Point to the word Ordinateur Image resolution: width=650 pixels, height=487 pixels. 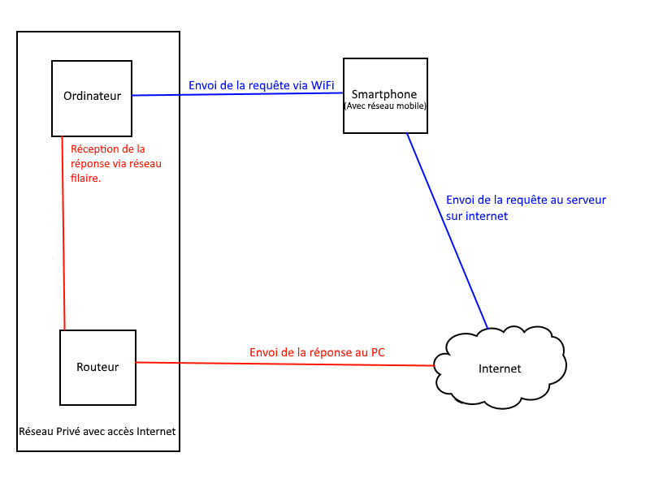pyautogui.click(x=92, y=96)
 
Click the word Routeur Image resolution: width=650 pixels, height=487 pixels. pyautogui.click(x=97, y=367)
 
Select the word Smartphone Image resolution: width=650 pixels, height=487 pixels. pyautogui.click(x=385, y=94)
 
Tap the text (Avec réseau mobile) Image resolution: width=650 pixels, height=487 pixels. pyautogui.click(x=385, y=106)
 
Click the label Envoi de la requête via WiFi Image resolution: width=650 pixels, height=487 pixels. pyautogui.click(x=261, y=85)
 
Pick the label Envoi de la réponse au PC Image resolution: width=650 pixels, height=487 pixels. pyautogui.click(x=317, y=352)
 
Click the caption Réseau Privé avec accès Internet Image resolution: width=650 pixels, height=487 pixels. pyautogui.click(x=97, y=431)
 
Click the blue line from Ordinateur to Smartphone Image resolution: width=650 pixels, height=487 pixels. pyautogui.click(x=236, y=94)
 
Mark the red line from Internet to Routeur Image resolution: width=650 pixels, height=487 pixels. pyautogui.click(x=284, y=364)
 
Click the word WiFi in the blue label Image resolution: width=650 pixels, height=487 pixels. pyautogui.click(x=322, y=85)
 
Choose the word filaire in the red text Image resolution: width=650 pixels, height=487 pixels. pyautogui.click(x=86, y=178)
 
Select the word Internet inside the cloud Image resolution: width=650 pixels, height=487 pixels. pyautogui.click(x=500, y=368)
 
